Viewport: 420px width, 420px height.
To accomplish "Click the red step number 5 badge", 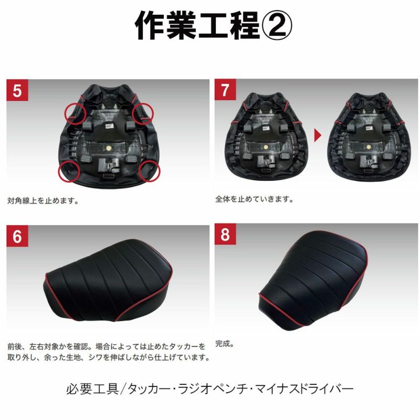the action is pos(17,90).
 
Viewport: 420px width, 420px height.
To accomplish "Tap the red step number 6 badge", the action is pos(17,236).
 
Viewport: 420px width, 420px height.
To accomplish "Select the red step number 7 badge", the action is pos(225,89).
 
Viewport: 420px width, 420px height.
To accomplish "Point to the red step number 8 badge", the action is pos(225,234).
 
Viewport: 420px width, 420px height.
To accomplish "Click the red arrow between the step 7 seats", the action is pos(318,135).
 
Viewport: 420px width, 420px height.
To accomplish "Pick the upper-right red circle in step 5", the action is pos(143,113).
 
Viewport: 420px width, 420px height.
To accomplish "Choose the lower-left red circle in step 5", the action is pos(69,171).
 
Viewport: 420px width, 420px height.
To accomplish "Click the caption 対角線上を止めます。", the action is pos(43,201).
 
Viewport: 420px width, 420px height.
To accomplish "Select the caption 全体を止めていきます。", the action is pos(254,199).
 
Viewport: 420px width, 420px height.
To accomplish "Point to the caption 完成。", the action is pos(225,344).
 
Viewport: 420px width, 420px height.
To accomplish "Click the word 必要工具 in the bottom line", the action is pos(92,389).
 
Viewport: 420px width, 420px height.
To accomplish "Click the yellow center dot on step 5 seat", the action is pos(109,148).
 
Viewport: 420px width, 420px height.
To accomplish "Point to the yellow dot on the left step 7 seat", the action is pos(266,147).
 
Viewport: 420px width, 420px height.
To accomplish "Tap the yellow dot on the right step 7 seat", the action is pos(369,147).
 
